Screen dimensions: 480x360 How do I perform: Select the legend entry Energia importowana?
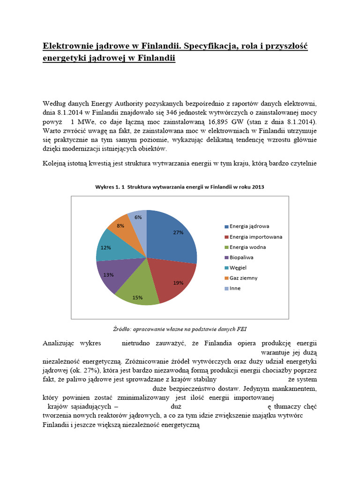pyautogui.click(x=256, y=236)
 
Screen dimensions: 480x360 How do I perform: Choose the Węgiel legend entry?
pyautogui.click(x=240, y=267)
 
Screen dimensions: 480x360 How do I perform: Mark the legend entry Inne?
pyautogui.click(x=236, y=288)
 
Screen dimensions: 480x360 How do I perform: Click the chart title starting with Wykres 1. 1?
pyautogui.click(x=180, y=187)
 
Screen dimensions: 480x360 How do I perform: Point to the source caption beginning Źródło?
pyautogui.click(x=180, y=328)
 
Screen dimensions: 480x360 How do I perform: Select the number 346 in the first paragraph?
pyautogui.click(x=168, y=113)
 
